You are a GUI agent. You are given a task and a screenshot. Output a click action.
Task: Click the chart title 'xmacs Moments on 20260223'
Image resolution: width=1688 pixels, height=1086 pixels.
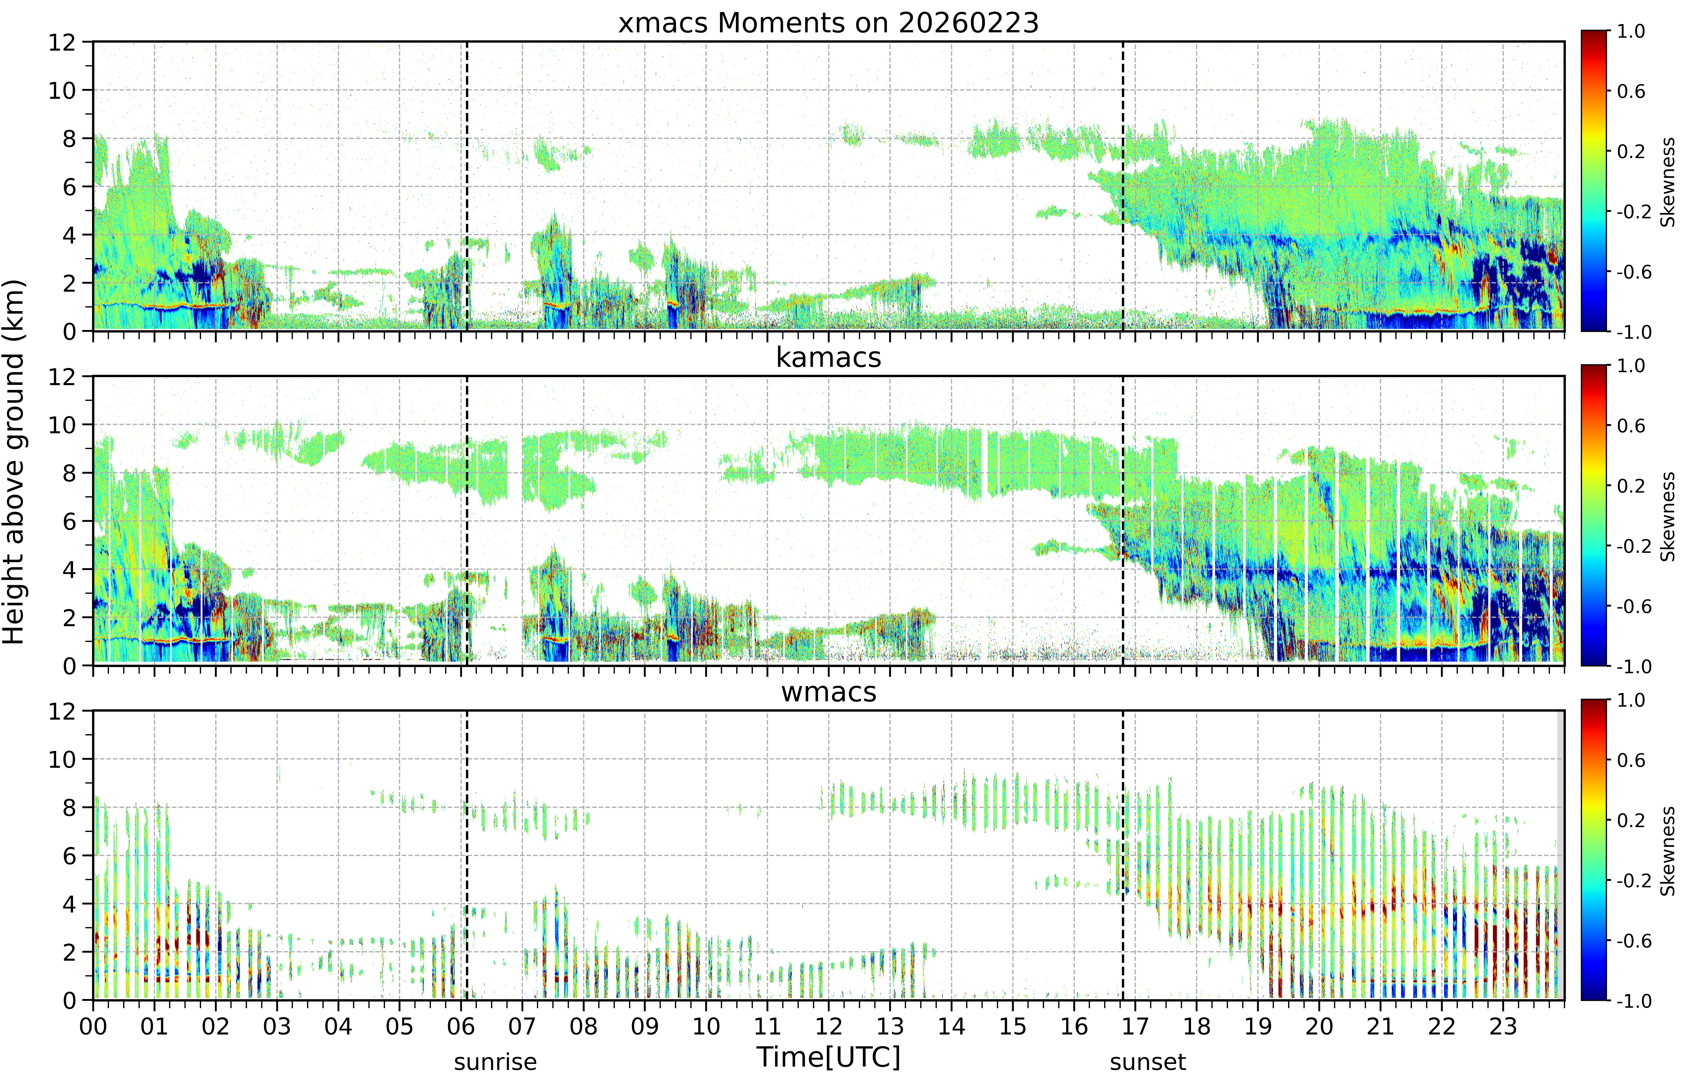click(x=829, y=23)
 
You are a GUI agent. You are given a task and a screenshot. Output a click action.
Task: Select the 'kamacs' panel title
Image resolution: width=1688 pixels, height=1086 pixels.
click(x=829, y=357)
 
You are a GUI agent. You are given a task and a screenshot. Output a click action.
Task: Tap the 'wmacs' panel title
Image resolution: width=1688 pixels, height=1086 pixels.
click(x=829, y=692)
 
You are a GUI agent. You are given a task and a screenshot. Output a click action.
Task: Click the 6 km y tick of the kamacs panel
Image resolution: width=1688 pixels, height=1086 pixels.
click(x=69, y=521)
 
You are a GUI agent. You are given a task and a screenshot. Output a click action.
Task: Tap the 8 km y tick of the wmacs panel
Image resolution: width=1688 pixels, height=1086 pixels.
click(x=69, y=807)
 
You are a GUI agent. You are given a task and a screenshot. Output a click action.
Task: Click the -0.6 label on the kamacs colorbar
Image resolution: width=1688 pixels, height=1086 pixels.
click(x=1634, y=607)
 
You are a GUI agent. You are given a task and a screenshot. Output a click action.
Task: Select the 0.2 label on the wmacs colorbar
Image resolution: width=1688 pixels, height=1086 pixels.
click(x=1631, y=820)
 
